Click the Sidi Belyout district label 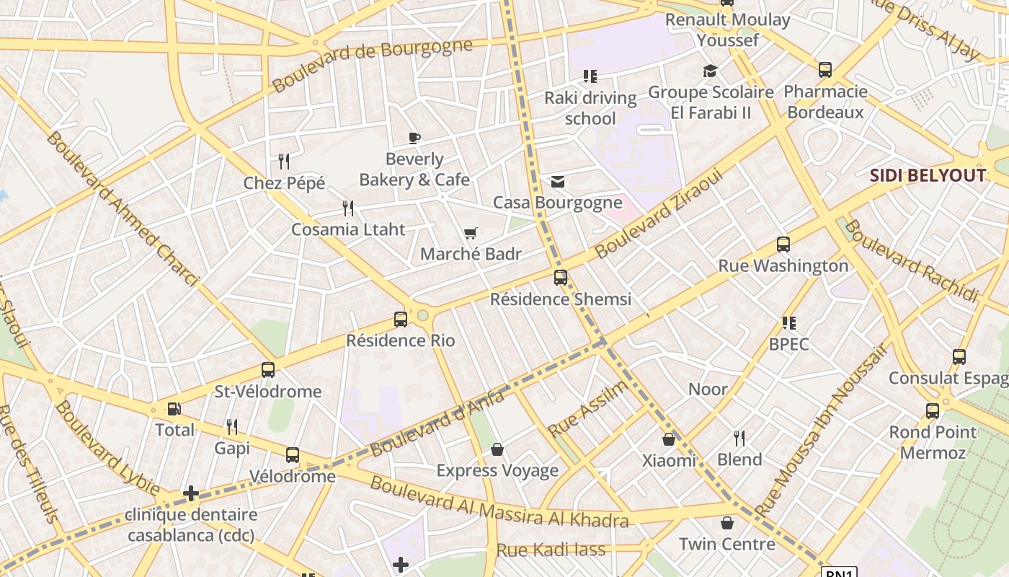[x=927, y=175]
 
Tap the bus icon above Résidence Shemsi [x=560, y=277]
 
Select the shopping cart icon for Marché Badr [x=471, y=233]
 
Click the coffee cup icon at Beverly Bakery [x=414, y=138]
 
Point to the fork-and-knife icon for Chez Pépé [x=284, y=162]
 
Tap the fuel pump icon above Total [x=174, y=409]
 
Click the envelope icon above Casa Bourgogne [x=557, y=181]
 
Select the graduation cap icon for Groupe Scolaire [x=711, y=71]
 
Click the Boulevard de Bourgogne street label [x=372, y=66]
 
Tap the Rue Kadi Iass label [x=551, y=550]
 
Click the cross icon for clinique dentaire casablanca [x=191, y=493]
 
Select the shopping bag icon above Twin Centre [x=726, y=523]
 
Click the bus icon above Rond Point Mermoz [x=932, y=411]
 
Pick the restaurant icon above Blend [x=739, y=438]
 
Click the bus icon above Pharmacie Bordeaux [x=824, y=70]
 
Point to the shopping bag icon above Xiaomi [x=669, y=439]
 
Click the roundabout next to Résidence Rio [x=423, y=315]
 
